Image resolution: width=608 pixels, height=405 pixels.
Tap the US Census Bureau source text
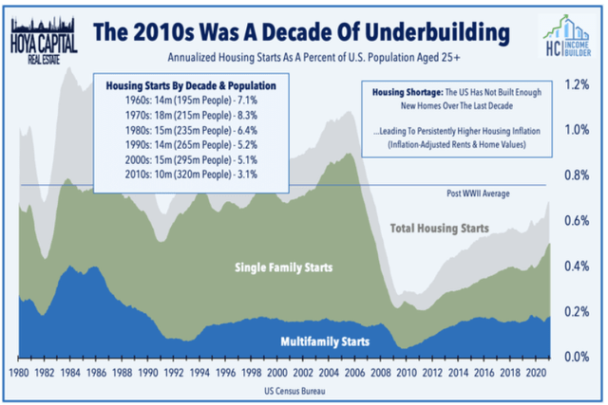tap(292, 391)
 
